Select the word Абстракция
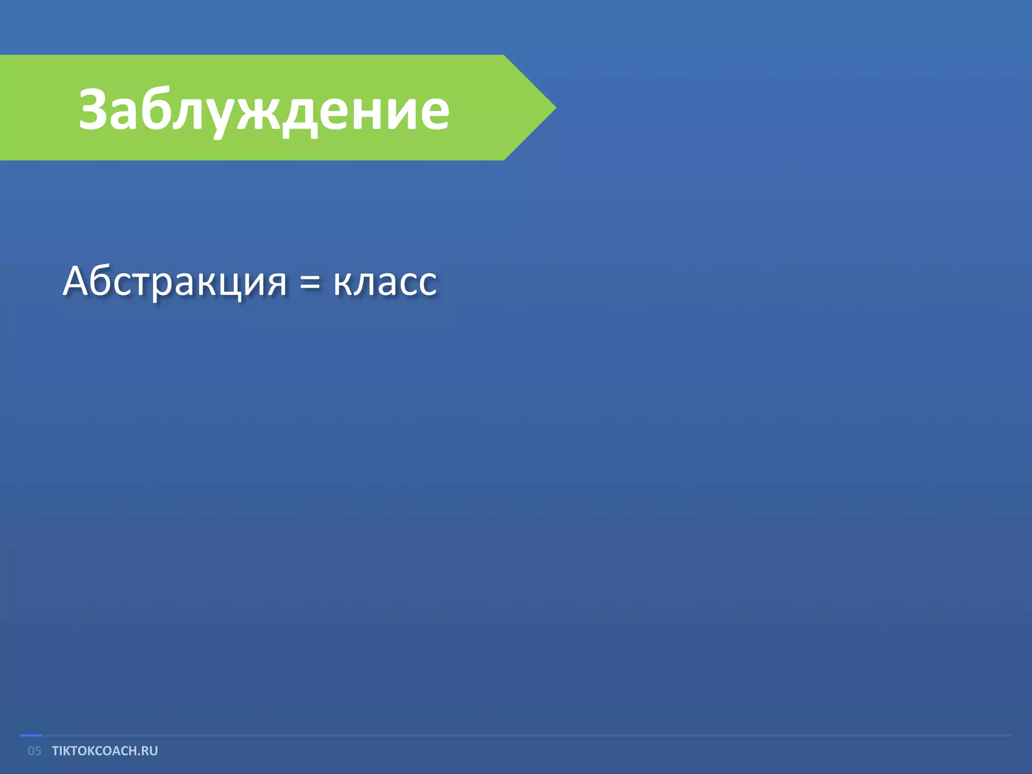pos(174,281)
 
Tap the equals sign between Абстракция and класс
pos(309,282)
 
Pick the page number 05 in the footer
pos(34,751)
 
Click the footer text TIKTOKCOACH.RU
pos(105,751)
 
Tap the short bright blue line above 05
pos(31,736)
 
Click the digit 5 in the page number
pos(38,751)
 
